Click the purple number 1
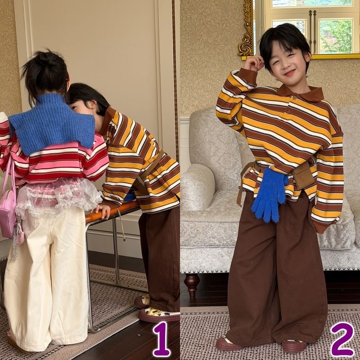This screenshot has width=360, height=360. point(162,338)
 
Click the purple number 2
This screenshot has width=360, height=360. point(342,339)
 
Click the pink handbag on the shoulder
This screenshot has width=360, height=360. point(8,207)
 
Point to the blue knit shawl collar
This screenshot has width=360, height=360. point(52,124)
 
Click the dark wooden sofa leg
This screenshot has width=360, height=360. point(192,284)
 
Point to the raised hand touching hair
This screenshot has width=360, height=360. point(253,63)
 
